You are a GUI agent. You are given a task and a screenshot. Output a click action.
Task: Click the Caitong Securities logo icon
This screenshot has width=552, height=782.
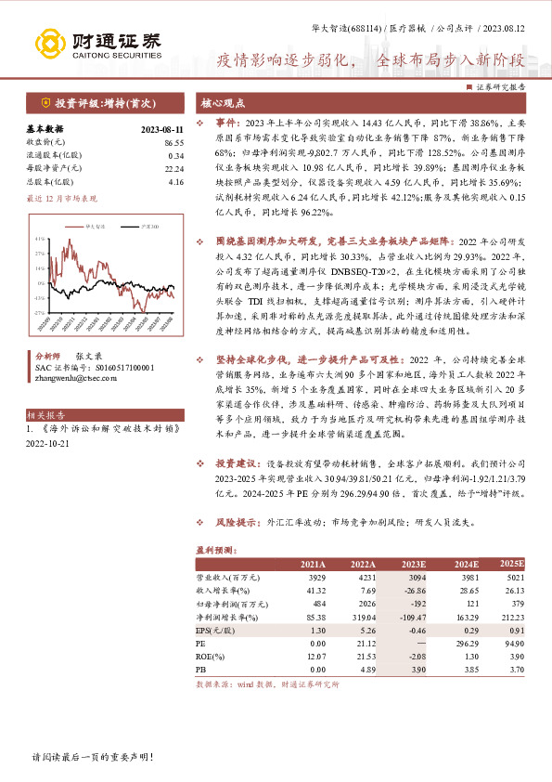(x=46, y=43)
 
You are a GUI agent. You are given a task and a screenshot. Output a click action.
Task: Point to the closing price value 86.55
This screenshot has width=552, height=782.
(x=173, y=141)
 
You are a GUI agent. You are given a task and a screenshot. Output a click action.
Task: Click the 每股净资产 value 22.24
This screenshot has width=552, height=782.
(x=173, y=168)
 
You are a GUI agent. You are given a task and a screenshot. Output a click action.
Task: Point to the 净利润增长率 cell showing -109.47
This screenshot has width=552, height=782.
(x=408, y=616)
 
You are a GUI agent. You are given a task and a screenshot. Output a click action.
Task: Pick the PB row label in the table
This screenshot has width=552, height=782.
(x=200, y=667)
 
